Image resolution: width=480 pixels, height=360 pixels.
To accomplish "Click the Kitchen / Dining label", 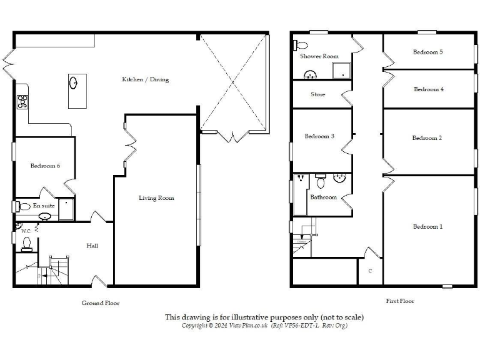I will click(145, 79).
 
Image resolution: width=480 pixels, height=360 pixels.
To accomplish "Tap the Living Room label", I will click(156, 198).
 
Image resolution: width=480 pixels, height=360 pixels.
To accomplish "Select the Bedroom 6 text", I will click(46, 166).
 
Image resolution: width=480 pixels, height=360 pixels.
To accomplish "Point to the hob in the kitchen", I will click(22, 102).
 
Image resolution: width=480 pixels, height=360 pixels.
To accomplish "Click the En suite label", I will click(43, 206).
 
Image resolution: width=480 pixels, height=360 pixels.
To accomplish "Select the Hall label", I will click(92, 246).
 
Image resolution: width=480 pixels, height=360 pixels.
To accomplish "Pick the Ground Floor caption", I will click(100, 303).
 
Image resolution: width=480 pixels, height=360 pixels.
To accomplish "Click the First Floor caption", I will click(400, 301).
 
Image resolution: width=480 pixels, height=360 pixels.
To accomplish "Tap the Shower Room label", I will click(319, 56).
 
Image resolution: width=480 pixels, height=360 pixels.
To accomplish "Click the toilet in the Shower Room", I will click(300, 44).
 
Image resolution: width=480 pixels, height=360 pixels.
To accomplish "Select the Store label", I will click(318, 95).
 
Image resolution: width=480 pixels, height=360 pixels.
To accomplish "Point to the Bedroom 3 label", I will click(319, 136).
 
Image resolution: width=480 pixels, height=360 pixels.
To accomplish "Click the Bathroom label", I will click(324, 197).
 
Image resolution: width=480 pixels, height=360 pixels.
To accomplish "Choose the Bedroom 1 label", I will click(427, 226).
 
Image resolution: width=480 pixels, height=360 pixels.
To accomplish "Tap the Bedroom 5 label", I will click(427, 52).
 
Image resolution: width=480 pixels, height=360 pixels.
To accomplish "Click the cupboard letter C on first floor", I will click(370, 271).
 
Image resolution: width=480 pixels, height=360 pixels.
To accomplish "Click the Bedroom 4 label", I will click(429, 89).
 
